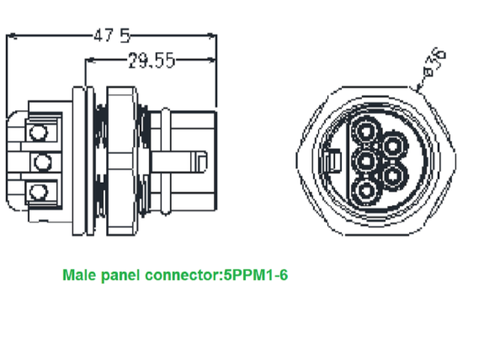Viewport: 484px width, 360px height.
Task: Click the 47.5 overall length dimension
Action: (111, 35)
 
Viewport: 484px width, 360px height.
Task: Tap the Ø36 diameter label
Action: (436, 61)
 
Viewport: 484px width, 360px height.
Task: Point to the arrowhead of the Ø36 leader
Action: (418, 87)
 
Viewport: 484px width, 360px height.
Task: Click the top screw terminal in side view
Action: (36, 131)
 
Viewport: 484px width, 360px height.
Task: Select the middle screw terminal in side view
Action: (36, 161)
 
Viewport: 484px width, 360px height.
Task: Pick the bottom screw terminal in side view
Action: (36, 193)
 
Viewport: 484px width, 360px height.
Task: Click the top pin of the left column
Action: (368, 131)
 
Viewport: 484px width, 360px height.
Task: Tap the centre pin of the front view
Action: (368, 160)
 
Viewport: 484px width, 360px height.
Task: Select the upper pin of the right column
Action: (394, 146)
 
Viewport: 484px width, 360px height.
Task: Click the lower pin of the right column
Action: (394, 175)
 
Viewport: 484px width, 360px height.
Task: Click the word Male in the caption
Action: (79, 275)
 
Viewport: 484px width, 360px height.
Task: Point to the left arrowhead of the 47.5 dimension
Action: (10, 35)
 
